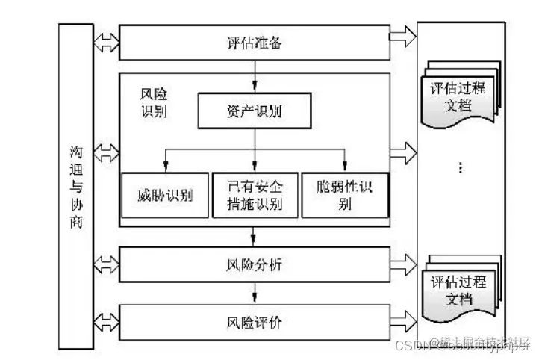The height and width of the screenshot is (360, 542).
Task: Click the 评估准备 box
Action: (x=254, y=43)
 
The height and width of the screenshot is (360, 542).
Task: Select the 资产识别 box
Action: (x=254, y=112)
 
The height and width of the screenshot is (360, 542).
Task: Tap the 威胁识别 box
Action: (x=165, y=196)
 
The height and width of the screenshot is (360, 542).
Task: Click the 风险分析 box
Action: (x=254, y=264)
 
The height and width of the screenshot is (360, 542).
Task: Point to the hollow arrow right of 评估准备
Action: (x=402, y=36)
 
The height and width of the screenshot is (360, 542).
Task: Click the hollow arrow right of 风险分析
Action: (x=402, y=263)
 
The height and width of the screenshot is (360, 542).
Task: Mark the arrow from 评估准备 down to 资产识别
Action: (x=255, y=77)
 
